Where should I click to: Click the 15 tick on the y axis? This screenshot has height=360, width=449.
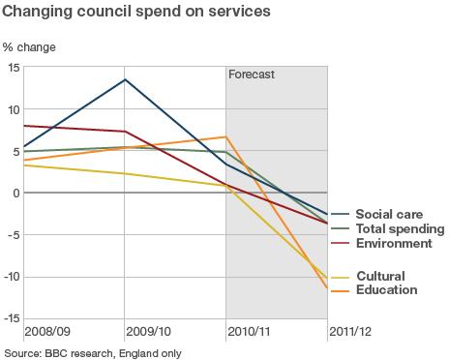[x=14, y=67]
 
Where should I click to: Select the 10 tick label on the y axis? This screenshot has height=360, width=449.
[x=14, y=109]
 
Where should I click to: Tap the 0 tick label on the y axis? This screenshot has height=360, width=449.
[x=16, y=193]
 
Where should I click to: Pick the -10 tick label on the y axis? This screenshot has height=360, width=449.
[x=12, y=277]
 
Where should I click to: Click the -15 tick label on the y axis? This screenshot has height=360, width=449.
[x=12, y=318]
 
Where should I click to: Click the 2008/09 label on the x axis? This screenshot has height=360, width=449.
[x=47, y=332]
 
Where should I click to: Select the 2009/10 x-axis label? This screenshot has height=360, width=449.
[x=150, y=332]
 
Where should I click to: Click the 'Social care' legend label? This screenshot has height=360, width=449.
[x=388, y=215]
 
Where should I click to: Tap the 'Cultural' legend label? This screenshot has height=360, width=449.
[x=380, y=276]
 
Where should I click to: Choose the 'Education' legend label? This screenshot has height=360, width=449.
[x=386, y=289]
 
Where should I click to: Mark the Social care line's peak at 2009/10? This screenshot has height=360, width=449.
[x=125, y=79]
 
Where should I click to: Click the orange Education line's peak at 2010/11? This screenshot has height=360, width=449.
[x=225, y=136]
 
